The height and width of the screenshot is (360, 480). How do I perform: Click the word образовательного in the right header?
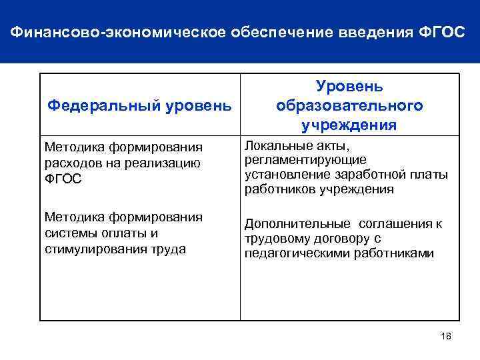click(x=349, y=106)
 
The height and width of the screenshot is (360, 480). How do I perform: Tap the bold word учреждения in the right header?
click(x=349, y=125)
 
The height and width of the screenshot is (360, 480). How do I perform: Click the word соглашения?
click(x=391, y=224)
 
